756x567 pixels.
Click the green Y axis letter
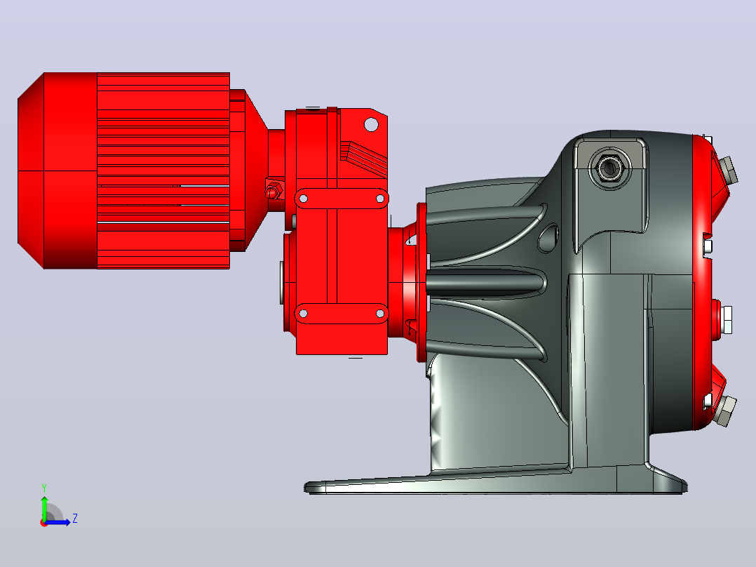44,488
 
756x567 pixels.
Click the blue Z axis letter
75,519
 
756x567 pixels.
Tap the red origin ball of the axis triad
44,523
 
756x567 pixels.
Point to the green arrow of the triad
44,507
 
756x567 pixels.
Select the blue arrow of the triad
58,522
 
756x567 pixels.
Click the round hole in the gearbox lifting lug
371,124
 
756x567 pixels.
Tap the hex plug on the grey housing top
609,168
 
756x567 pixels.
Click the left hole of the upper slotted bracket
303,199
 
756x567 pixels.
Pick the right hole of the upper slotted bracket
380,199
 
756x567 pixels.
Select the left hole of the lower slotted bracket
303,314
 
